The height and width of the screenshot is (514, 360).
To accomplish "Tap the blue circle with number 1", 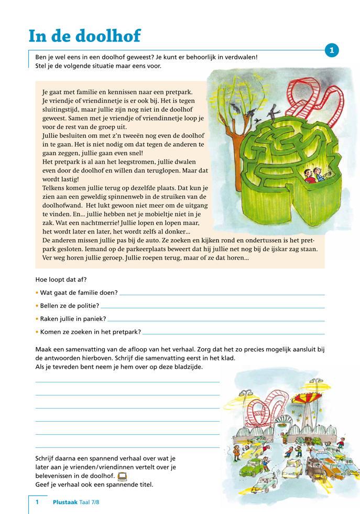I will click(332, 50).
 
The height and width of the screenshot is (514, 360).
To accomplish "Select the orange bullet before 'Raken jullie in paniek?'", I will click(37, 318).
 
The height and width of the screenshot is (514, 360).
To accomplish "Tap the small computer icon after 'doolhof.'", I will click(122, 476).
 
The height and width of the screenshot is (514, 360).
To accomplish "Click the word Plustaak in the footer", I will click(66, 502).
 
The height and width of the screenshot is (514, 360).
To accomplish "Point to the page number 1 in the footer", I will click(37, 502).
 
